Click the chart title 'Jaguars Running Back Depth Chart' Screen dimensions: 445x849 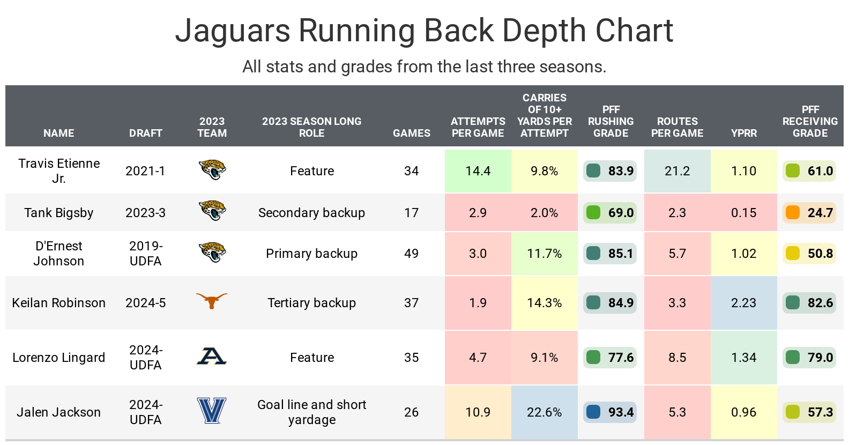click(424, 31)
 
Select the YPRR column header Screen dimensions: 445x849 click(743, 133)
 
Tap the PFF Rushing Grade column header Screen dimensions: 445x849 click(610, 121)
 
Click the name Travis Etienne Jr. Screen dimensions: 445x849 click(59, 170)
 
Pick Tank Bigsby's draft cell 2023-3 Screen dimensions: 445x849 click(145, 213)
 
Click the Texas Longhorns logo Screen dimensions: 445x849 click(212, 301)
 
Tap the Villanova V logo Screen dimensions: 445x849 click(212, 411)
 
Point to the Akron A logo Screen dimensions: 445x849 click(212, 356)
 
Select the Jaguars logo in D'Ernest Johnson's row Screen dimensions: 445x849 click(212, 253)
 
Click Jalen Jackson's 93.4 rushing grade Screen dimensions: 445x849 click(621, 412)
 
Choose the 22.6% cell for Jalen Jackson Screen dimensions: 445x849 click(544, 412)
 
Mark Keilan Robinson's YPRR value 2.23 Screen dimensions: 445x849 click(743, 303)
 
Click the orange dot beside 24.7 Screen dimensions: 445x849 click(793, 212)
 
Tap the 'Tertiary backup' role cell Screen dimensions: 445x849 click(311, 303)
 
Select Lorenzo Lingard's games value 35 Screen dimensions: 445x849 click(411, 358)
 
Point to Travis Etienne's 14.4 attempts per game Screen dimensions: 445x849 click(478, 171)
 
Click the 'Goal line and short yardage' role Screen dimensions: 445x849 click(311, 412)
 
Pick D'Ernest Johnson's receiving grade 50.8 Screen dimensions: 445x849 click(820, 254)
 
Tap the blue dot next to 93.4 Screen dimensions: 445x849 click(593, 412)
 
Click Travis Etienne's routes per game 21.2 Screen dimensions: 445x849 click(677, 171)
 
